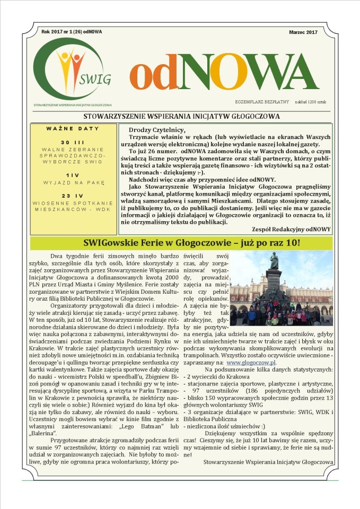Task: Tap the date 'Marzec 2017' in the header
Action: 303,32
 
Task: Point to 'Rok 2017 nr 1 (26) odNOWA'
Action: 72,32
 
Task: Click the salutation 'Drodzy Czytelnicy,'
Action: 152,130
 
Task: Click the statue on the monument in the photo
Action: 274,261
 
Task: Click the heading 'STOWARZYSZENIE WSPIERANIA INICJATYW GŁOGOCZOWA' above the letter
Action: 181,116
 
